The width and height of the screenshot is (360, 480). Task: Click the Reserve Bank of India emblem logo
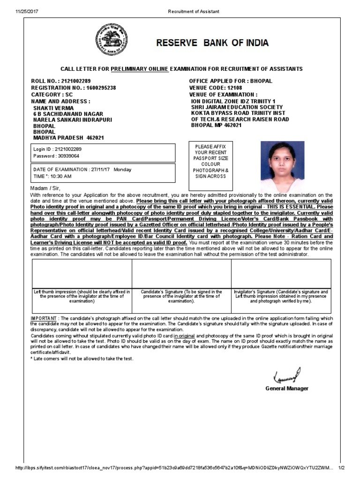[x=112, y=40]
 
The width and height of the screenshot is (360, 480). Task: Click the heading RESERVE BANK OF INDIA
[x=212, y=43]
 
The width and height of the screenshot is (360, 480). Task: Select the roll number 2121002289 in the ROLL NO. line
[x=76, y=81]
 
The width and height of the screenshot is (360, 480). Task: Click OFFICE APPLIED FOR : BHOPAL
[x=230, y=81]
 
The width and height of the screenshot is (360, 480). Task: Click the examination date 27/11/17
[x=100, y=170]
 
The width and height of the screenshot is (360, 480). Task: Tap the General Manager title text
[x=287, y=389]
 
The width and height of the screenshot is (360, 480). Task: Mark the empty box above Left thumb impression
[x=82, y=273]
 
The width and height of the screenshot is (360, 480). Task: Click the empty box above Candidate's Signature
[x=181, y=273]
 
